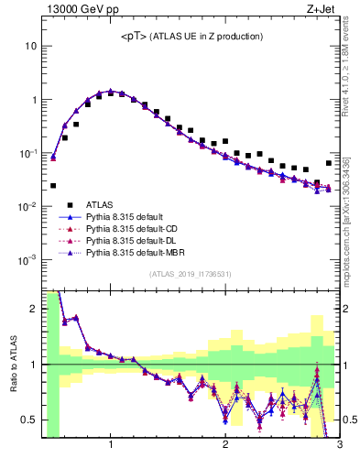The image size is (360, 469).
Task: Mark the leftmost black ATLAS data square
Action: coord(53,186)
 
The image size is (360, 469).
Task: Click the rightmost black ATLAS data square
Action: coord(329,163)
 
